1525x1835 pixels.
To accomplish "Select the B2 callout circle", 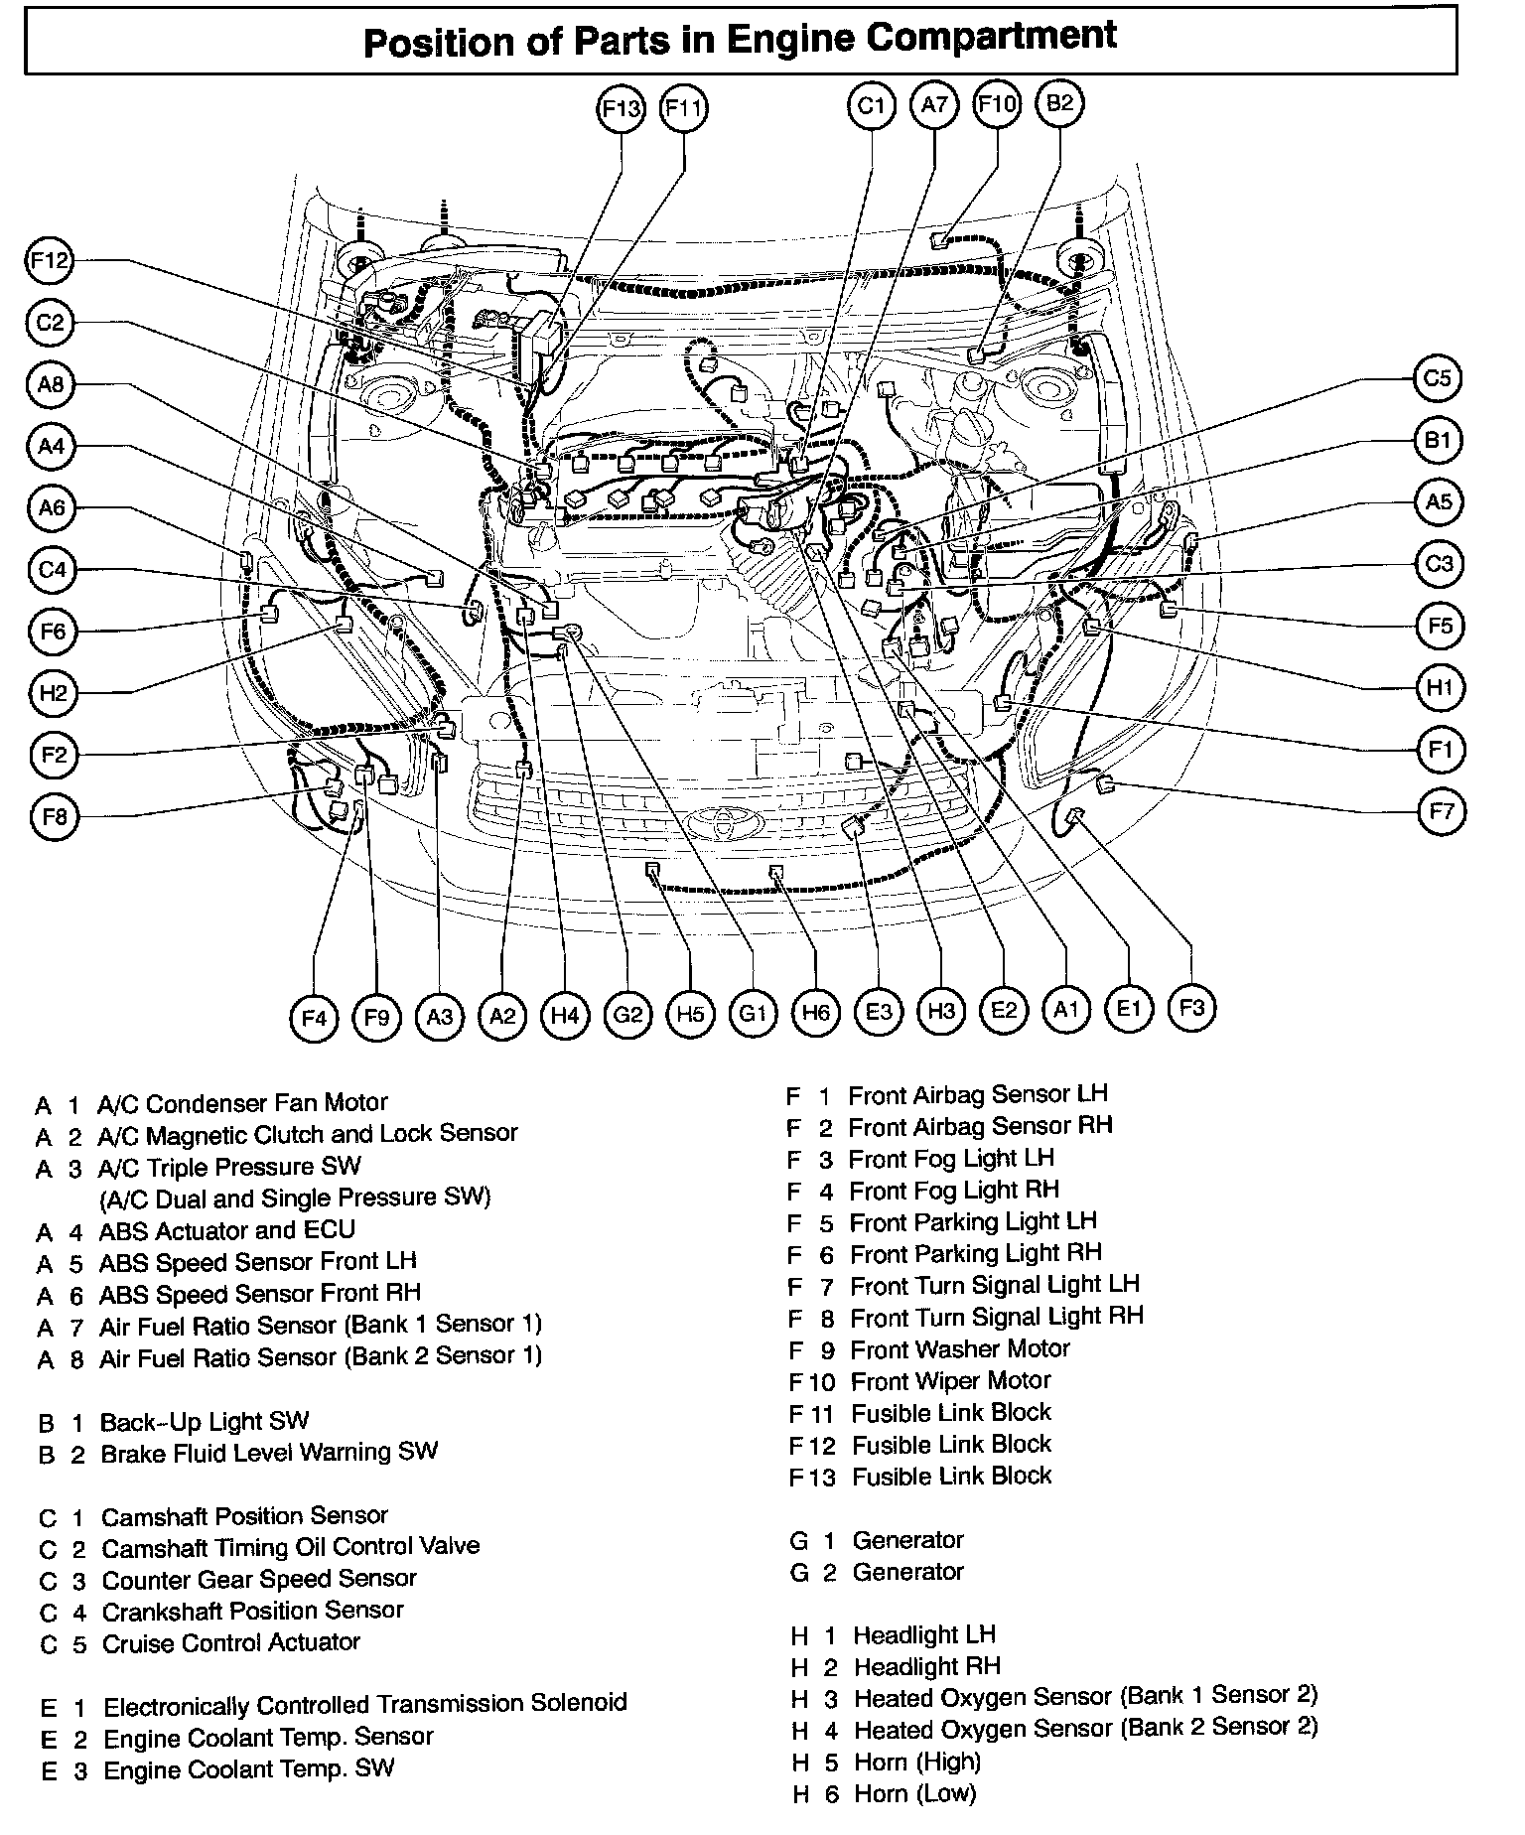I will click(1060, 103).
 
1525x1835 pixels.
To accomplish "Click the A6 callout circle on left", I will click(52, 508).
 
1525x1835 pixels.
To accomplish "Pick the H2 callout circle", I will click(53, 692).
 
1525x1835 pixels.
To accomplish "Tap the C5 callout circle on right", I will click(1437, 378).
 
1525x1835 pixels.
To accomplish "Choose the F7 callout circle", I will click(1441, 812).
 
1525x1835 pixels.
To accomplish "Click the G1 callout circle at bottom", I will click(753, 1013).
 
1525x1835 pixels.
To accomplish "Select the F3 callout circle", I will click(1191, 1008).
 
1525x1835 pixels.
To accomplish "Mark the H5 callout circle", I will click(690, 1014).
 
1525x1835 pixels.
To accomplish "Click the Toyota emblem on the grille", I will click(721, 823).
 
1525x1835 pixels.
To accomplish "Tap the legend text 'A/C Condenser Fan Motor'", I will click(241, 1103).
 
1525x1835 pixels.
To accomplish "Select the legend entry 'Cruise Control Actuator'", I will click(230, 1642).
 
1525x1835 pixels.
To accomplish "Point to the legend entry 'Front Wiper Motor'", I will click(950, 1380).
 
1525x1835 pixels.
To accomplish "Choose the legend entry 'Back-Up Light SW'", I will click(204, 1421).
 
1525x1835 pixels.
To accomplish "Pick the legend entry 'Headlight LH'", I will click(923, 1634).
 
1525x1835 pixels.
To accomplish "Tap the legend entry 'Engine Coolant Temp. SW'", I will click(248, 1768).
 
